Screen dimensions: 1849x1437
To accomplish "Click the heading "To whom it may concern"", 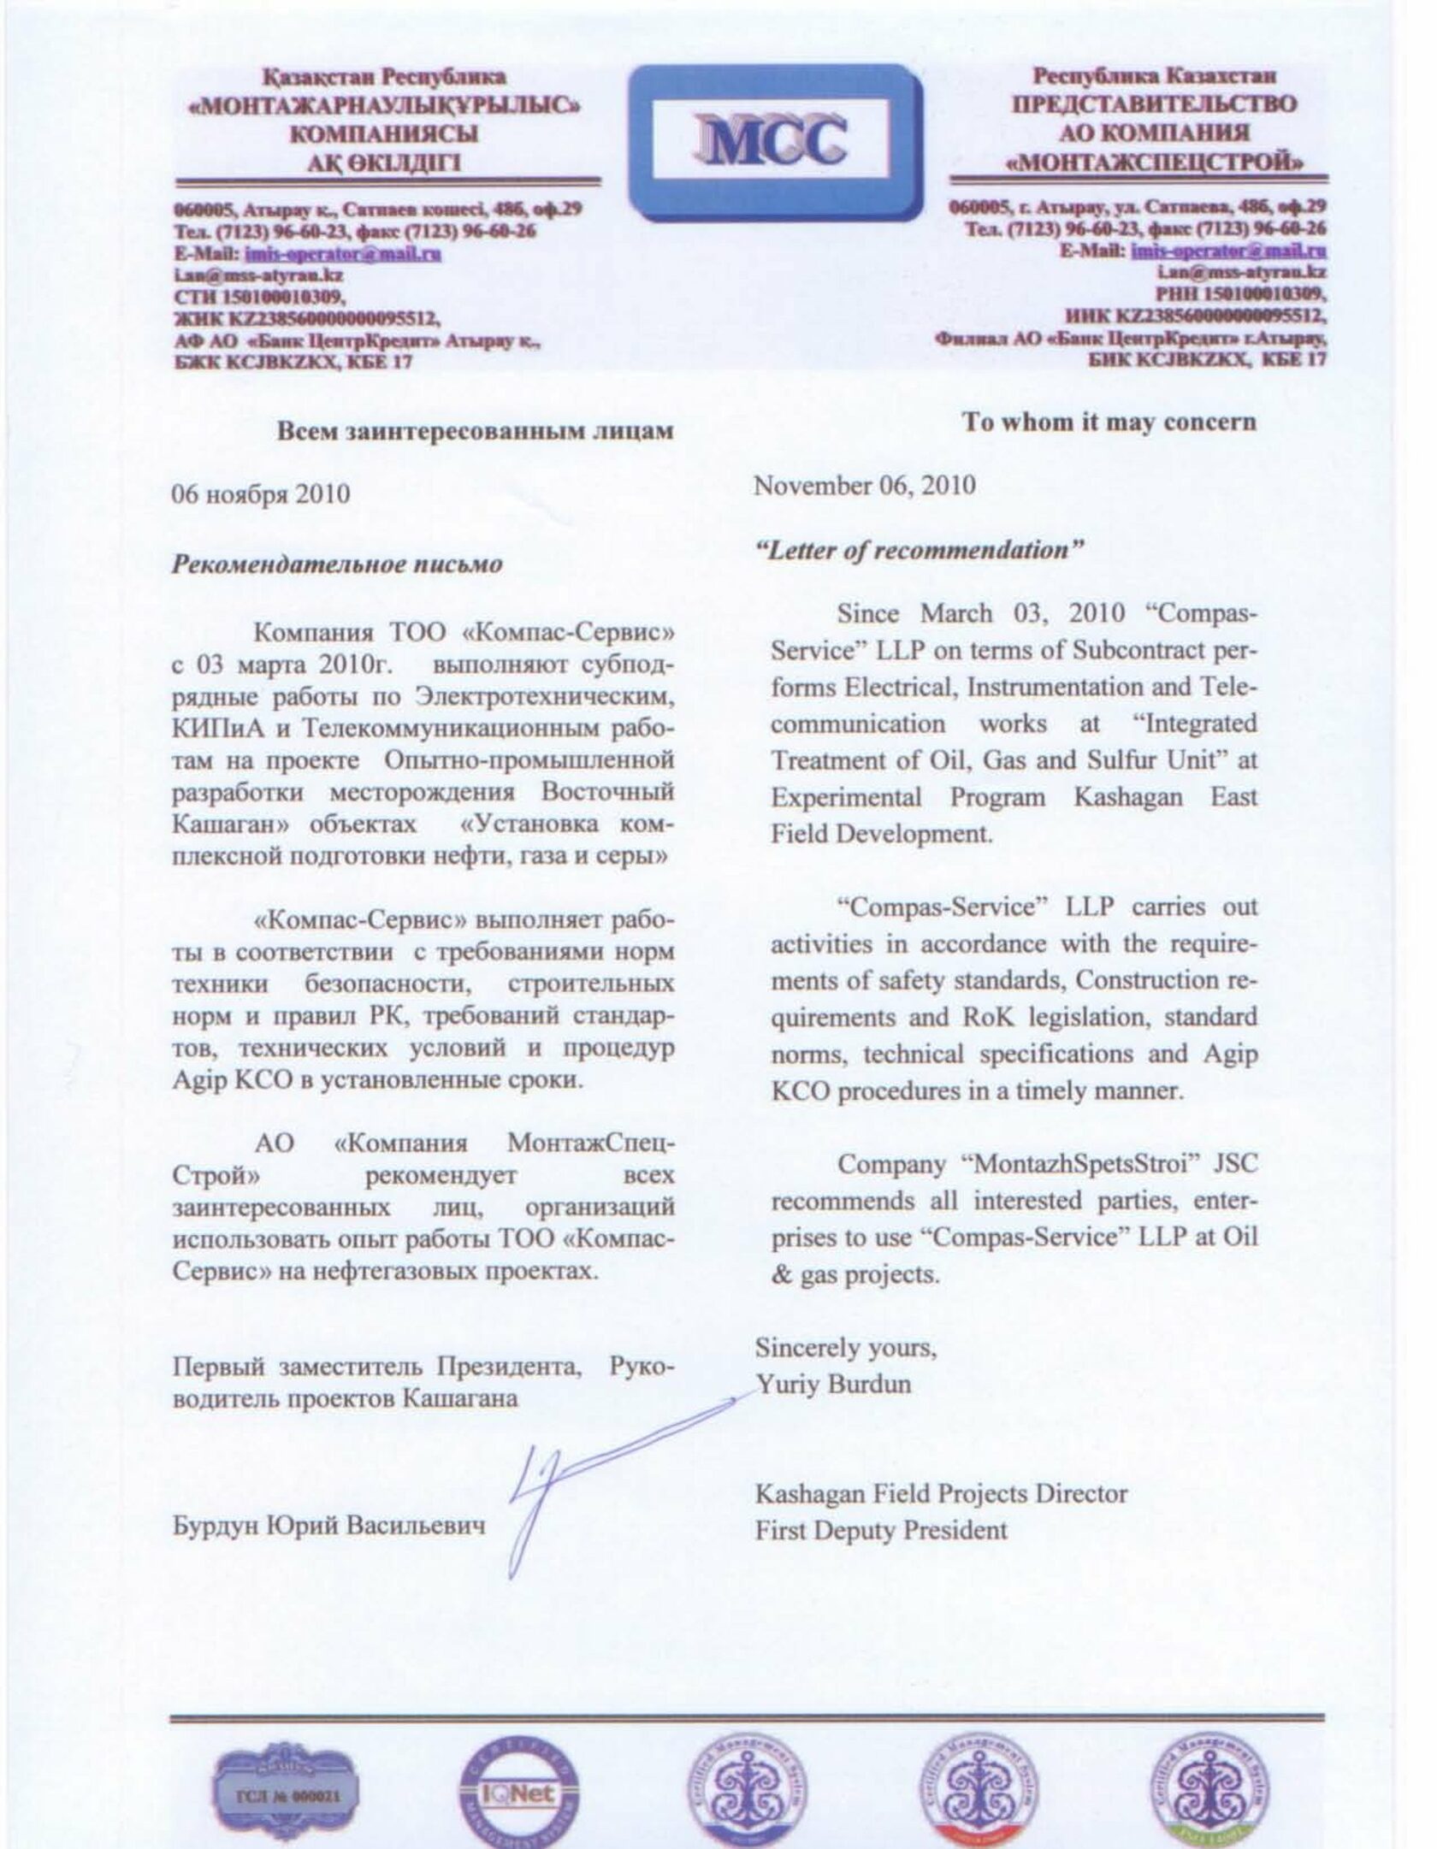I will click(x=1109, y=422).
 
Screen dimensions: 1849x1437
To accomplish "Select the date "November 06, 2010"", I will click(x=864, y=486).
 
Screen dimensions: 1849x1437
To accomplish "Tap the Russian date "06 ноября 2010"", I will click(x=261, y=494).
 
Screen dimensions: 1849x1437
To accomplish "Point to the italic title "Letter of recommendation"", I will click(x=920, y=550).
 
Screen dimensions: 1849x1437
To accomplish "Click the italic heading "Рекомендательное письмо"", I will click(x=338, y=564).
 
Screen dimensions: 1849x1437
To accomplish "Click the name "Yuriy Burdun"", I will click(x=833, y=1384).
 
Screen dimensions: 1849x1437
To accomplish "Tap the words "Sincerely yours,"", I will click(x=845, y=1348).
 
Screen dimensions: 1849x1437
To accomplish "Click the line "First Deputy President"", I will click(x=881, y=1530).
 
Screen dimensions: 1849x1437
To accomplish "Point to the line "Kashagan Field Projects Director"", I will click(x=941, y=1493).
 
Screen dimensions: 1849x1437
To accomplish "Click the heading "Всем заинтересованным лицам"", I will click(x=476, y=430).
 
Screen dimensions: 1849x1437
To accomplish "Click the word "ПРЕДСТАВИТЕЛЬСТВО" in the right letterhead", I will click(x=1155, y=104).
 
